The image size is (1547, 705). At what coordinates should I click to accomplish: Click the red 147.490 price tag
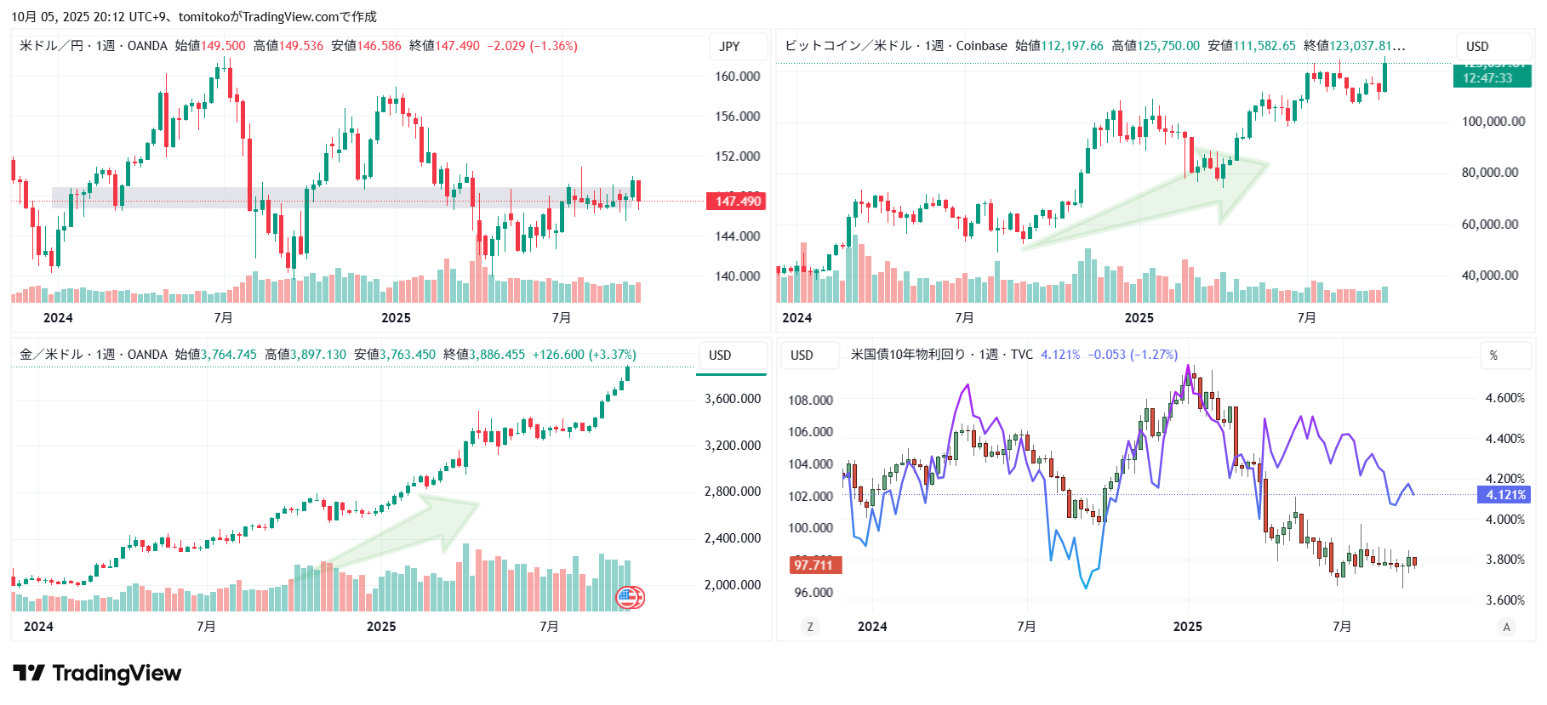[x=736, y=202]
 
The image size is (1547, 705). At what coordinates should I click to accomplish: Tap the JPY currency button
[x=730, y=47]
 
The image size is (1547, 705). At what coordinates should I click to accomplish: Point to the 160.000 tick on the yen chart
[x=737, y=77]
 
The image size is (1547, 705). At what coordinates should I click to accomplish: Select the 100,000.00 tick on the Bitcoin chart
[x=1493, y=122]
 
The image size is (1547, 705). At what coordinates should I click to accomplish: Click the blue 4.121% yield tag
[x=1505, y=495]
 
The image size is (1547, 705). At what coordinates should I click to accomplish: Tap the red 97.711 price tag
[x=814, y=566]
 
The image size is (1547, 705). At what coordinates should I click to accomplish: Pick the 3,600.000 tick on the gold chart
[x=733, y=399]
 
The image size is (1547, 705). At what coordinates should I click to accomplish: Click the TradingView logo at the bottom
[x=97, y=674]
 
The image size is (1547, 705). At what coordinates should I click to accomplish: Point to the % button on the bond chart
[x=1493, y=355]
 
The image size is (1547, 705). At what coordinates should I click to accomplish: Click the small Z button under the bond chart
[x=810, y=627]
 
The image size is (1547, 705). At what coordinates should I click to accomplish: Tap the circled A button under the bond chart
[x=1506, y=627]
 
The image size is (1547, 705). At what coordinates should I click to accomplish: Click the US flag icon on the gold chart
[x=627, y=597]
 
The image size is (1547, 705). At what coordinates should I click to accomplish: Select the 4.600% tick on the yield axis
[x=1504, y=398]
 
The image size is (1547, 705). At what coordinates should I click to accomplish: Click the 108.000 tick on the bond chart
[x=810, y=401]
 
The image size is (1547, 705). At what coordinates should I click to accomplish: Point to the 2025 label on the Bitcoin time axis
[x=1139, y=318]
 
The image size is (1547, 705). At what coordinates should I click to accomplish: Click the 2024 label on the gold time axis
[x=38, y=627]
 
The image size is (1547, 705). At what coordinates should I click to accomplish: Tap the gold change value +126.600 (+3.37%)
[x=585, y=355]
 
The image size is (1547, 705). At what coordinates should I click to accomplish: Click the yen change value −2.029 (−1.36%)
[x=533, y=46]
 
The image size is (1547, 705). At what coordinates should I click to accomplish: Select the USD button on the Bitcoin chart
[x=1477, y=47]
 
